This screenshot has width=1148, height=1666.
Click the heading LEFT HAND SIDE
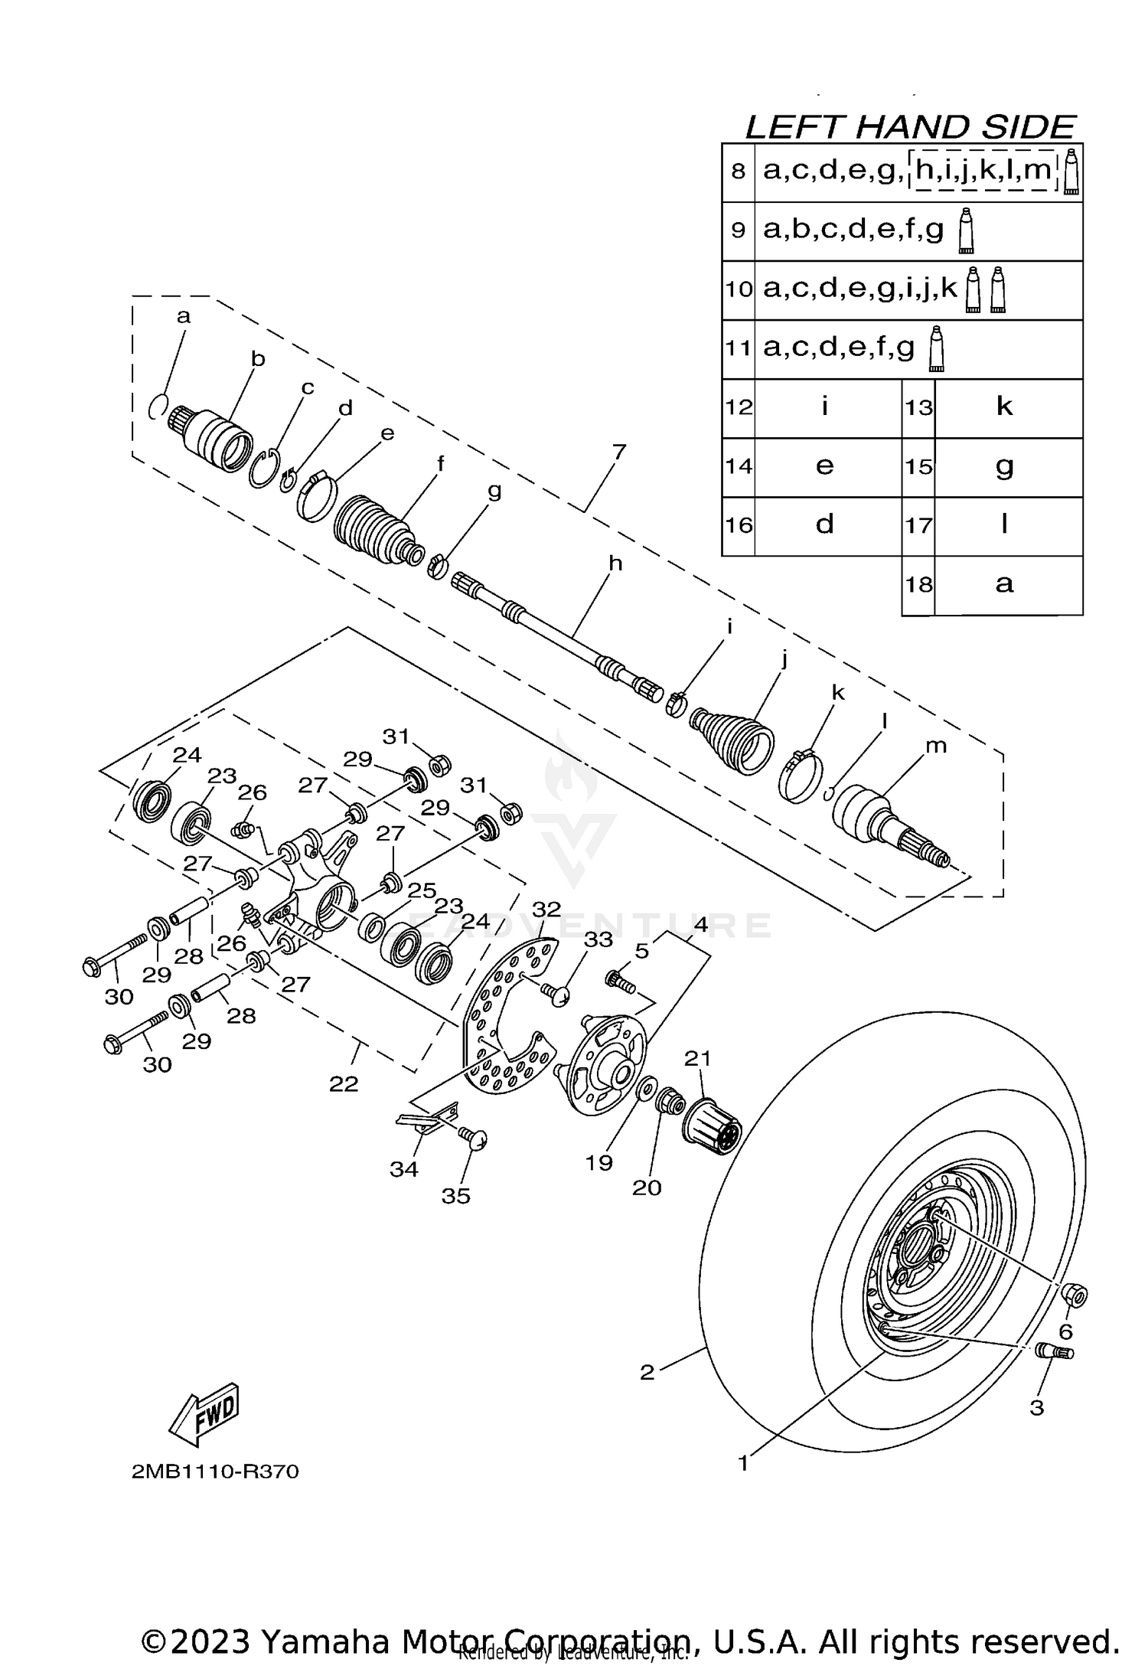click(x=911, y=126)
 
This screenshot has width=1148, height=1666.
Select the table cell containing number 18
click(x=918, y=585)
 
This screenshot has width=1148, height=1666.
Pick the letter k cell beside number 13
click(x=1005, y=407)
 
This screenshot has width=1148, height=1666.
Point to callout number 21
click(x=697, y=1058)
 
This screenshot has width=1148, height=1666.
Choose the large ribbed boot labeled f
click(x=374, y=531)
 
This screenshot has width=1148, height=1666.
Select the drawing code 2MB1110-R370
click(x=215, y=1472)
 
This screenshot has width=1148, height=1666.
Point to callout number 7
click(x=618, y=452)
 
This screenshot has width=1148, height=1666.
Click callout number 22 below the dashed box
click(x=344, y=1083)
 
